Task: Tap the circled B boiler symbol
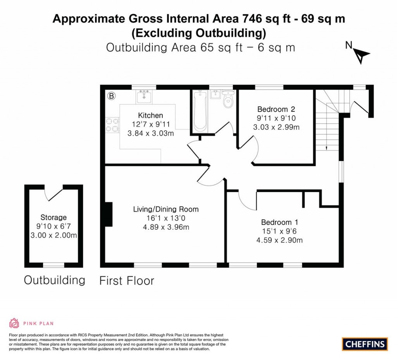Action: tap(111, 95)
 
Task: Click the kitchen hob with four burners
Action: tap(112, 124)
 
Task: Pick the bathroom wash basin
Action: tap(216, 94)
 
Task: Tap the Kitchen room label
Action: tap(150, 115)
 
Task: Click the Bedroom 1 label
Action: tap(279, 222)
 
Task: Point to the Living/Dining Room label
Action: tap(166, 209)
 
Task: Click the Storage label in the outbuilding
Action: tap(54, 217)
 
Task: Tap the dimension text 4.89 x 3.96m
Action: tap(166, 227)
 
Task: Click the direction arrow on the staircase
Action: tap(327, 148)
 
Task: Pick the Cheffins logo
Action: tap(365, 344)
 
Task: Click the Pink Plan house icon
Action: tap(14, 323)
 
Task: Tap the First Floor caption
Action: tap(127, 280)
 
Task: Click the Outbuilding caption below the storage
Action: tap(54, 280)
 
